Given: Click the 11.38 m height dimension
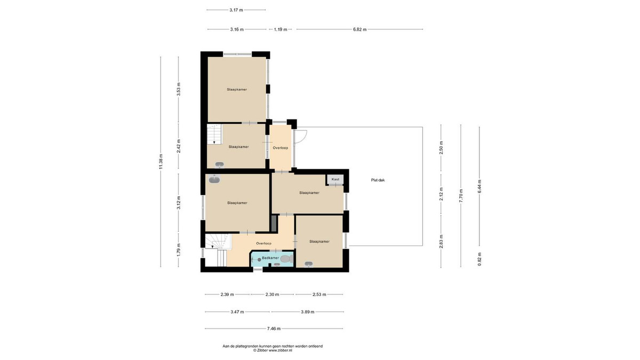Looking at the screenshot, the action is [161, 162].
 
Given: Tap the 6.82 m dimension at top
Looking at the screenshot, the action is [359, 29].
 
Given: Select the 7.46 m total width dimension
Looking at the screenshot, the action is [274, 329].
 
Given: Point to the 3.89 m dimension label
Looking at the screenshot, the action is [307, 311].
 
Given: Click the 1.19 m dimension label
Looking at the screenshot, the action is [281, 29].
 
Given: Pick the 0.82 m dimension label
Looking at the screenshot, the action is [479, 259].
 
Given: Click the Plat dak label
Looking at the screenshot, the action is [378, 180].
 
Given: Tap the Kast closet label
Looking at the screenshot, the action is [335, 179].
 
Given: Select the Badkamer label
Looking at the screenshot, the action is [270, 258].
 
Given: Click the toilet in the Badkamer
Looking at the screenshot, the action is [287, 259].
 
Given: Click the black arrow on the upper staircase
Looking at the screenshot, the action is [214, 142].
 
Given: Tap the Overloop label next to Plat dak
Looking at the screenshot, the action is [281, 148].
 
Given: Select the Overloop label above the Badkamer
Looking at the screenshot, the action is [263, 243].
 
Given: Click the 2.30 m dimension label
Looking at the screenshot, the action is [272, 294].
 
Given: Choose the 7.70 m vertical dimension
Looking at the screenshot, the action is [461, 196].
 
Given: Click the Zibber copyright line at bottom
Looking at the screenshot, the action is [273, 350].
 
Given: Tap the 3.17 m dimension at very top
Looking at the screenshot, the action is [236, 10].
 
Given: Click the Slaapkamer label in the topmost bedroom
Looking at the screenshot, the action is [237, 90].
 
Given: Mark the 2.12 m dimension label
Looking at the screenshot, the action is [441, 194].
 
